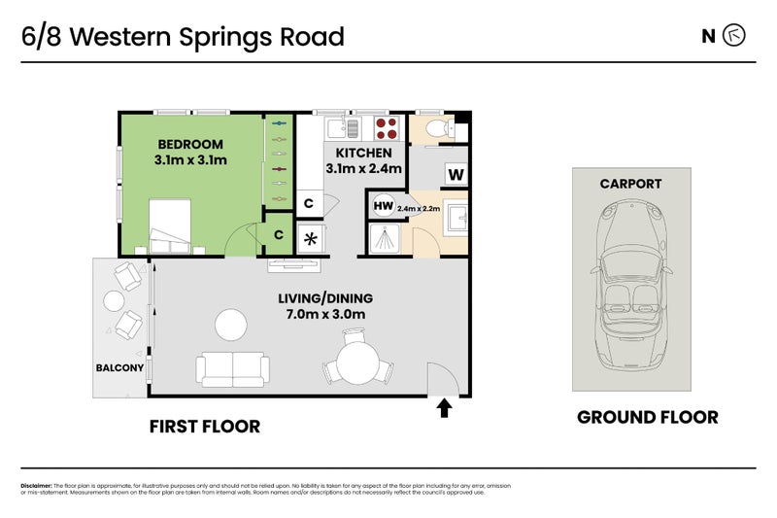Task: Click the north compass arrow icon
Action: [x=735, y=36]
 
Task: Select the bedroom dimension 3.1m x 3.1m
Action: [x=190, y=160]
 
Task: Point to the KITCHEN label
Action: [x=364, y=153]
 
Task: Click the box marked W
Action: [x=456, y=175]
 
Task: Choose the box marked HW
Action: [x=382, y=206]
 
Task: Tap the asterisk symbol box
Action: [x=312, y=238]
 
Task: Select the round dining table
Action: [x=355, y=364]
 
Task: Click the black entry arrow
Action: [x=444, y=407]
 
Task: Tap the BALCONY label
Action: [x=119, y=367]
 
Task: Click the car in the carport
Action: [x=630, y=282]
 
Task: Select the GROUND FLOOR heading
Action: [x=647, y=417]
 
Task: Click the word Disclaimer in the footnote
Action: [x=36, y=486]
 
